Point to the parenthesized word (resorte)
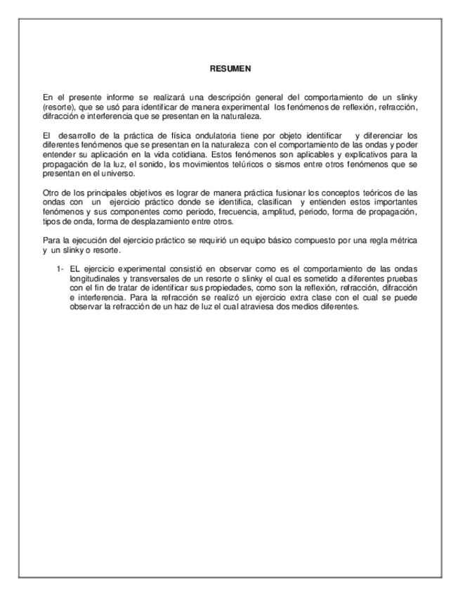point(58,106)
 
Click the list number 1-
point(60,268)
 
